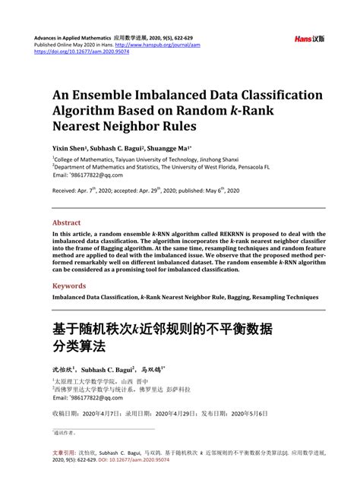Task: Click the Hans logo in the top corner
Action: pyautogui.click(x=310, y=38)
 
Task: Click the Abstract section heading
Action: pyautogui.click(x=66, y=222)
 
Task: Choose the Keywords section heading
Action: pyautogui.click(x=69, y=286)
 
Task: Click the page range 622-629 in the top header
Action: pyautogui.click(x=196, y=36)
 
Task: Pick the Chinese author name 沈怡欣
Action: pyautogui.click(x=65, y=367)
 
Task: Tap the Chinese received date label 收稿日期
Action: pyautogui.click(x=67, y=415)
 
